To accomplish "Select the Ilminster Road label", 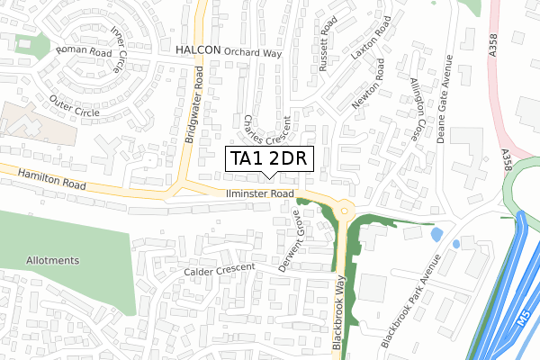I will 261,193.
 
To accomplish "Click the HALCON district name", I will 199,50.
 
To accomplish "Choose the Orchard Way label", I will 253,52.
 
